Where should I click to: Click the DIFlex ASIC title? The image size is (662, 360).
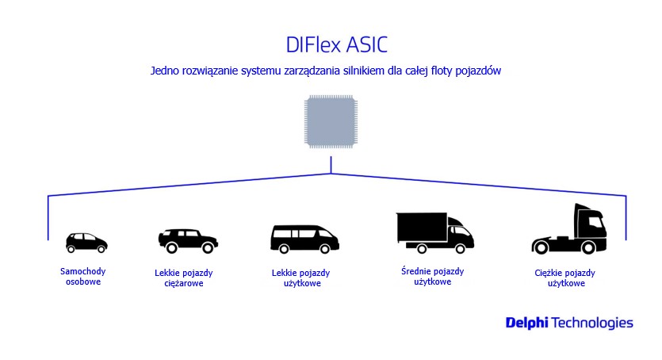coord(336,44)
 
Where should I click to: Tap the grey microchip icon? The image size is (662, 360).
coord(331,122)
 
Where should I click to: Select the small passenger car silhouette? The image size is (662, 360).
coord(86,243)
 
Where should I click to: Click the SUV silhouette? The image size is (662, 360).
coord(188,241)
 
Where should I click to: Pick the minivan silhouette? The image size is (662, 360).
coord(304,239)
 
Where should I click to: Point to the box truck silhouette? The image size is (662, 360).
coord(435,233)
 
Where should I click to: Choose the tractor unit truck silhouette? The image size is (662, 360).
coord(569,229)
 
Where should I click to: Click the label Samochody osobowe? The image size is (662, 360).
coord(83,277)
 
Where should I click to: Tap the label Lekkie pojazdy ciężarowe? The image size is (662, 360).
coord(184,278)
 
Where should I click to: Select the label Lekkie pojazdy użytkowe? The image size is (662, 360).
coord(301,278)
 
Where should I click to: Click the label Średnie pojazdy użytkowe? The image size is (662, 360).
coord(433,277)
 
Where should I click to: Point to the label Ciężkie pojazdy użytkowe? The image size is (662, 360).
coord(565,278)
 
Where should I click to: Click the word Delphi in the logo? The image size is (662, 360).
coord(527,323)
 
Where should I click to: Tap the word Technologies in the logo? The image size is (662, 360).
coord(592,324)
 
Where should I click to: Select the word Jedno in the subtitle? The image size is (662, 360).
coord(165,71)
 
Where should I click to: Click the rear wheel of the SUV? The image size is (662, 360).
coord(171,247)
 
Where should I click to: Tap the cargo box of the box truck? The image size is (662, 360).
coord(421,227)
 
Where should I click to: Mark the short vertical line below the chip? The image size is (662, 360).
coord(331,165)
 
